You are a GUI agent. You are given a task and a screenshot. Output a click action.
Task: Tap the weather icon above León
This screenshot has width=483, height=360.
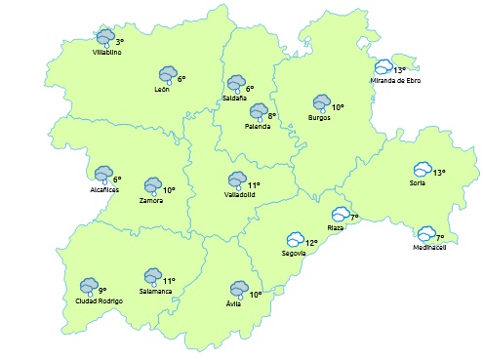(168, 74)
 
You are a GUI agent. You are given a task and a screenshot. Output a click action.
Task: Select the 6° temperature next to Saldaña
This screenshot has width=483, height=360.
(250, 88)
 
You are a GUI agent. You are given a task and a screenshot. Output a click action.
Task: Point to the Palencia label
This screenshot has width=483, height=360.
(258, 126)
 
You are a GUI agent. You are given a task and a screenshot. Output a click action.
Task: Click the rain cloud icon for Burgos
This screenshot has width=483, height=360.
(321, 102)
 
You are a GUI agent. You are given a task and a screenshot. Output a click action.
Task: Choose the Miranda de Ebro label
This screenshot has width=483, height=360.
(394, 81)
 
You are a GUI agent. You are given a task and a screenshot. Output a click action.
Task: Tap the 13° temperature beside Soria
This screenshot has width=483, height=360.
(439, 172)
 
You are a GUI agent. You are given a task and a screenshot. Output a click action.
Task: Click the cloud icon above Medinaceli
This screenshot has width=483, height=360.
(426, 234)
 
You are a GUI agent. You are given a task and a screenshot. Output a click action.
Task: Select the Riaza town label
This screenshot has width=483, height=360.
(336, 227)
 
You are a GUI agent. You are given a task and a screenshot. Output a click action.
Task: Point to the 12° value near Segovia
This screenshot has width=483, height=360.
(311, 242)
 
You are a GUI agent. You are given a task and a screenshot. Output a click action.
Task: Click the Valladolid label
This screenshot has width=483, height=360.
(240, 194)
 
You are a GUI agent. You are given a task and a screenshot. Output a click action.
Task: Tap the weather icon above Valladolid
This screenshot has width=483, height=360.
(236, 180)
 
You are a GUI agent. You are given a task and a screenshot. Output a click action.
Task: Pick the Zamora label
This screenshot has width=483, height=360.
(151, 200)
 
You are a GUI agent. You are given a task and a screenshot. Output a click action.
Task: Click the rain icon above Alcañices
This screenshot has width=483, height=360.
(103, 175)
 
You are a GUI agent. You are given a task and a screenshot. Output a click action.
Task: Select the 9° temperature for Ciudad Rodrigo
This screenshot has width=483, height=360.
(102, 290)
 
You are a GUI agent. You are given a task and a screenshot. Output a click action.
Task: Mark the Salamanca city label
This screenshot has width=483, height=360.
(156, 292)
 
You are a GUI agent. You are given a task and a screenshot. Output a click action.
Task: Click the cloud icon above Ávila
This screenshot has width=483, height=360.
(238, 289)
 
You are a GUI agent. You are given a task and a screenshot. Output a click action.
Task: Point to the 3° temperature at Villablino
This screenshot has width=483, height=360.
(119, 42)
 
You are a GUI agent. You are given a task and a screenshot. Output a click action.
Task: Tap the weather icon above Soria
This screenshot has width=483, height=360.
(423, 170)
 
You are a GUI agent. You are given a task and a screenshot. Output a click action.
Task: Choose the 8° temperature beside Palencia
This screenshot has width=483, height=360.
(272, 116)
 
